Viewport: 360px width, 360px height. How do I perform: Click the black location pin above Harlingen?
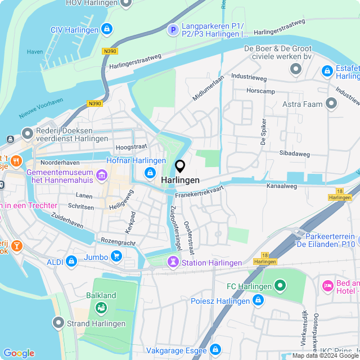point(180,166)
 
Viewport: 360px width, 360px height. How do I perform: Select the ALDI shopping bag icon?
point(71,261)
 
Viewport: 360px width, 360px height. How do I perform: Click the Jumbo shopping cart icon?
point(116,256)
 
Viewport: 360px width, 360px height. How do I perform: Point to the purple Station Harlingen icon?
point(173,262)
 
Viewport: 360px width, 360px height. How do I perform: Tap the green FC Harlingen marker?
point(279,287)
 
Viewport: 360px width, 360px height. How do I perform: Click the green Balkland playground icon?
point(101,307)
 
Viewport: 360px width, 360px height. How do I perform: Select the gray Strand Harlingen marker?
point(58,323)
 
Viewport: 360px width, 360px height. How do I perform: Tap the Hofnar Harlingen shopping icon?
point(150,173)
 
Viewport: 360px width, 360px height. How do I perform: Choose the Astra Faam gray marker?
point(331,103)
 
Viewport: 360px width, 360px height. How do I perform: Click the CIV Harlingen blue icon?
point(106,29)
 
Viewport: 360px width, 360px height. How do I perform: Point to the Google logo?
point(19,353)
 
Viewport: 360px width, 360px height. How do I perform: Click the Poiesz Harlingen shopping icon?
point(258,300)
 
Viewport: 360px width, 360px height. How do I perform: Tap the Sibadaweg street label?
point(295,153)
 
